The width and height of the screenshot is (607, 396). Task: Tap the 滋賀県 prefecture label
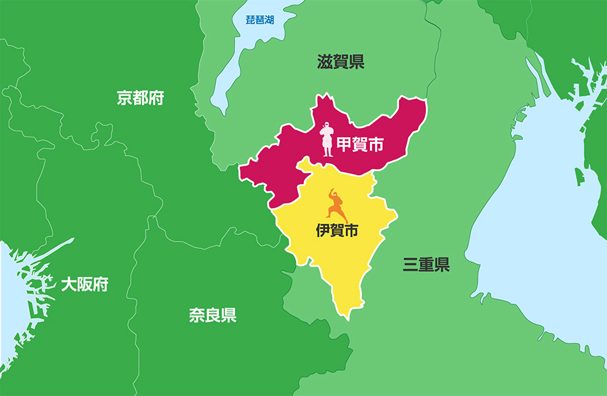coord(341,63)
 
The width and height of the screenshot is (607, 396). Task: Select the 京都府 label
coord(140,98)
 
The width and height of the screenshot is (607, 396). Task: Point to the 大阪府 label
coord(85,284)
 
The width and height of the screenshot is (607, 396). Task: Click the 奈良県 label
coord(213,315)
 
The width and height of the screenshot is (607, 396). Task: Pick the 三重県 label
coord(427,265)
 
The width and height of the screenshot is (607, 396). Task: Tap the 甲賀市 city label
coord(361,145)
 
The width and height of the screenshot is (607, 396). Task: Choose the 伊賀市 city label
coord(338,230)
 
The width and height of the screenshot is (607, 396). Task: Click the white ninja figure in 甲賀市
coord(327,139)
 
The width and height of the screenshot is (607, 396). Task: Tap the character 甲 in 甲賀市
coord(345,145)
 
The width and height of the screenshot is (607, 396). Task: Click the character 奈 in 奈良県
coord(197,315)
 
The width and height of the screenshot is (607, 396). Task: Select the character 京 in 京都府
coord(124,98)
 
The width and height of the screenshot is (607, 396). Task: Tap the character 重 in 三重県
coord(427,265)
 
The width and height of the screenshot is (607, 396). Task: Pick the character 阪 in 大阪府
coord(85,284)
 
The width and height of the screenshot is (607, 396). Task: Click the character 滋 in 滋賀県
coord(325,63)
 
